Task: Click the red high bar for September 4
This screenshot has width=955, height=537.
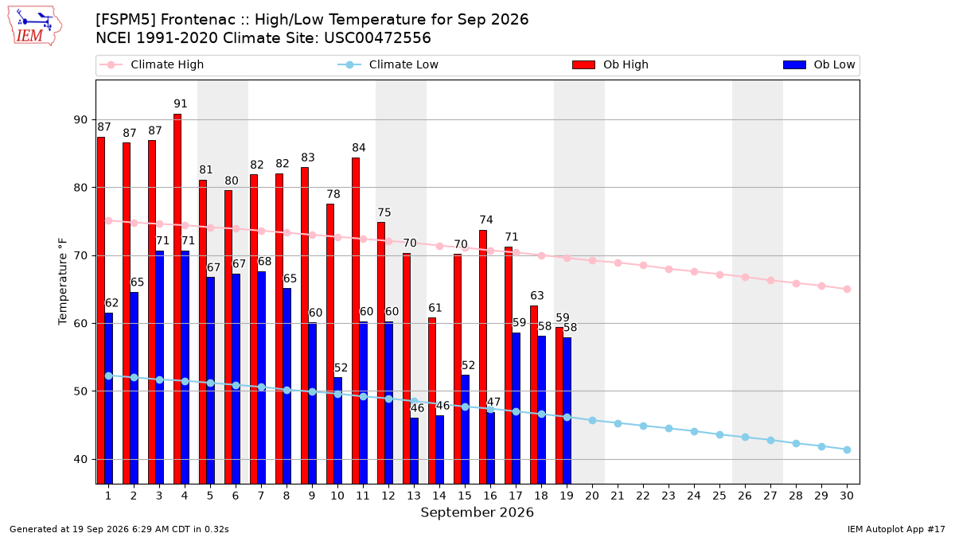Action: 177,299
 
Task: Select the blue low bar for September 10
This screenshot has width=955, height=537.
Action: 337,430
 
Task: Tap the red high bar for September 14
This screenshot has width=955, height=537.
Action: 432,401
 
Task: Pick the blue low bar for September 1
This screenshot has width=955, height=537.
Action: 109,399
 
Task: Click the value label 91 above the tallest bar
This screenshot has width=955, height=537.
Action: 181,103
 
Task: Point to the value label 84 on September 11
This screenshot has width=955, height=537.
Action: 359,147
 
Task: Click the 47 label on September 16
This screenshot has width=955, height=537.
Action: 493,402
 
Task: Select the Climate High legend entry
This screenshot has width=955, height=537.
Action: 151,64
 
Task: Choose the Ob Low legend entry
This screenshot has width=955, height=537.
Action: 819,64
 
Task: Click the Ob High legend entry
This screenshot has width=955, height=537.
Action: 610,64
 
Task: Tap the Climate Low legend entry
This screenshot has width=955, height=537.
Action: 388,64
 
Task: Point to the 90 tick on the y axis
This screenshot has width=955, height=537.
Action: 80,120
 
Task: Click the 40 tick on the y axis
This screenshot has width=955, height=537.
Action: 80,460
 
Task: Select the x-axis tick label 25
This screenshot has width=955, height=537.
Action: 719,496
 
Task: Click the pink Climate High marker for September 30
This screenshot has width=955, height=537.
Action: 847,289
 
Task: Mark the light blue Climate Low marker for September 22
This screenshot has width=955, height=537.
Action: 643,426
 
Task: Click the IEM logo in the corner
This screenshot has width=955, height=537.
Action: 34,26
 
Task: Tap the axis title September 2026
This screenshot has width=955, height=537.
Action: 477,512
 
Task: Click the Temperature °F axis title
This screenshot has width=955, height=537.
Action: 63,282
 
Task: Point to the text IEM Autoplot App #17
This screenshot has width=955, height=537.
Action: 896,529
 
